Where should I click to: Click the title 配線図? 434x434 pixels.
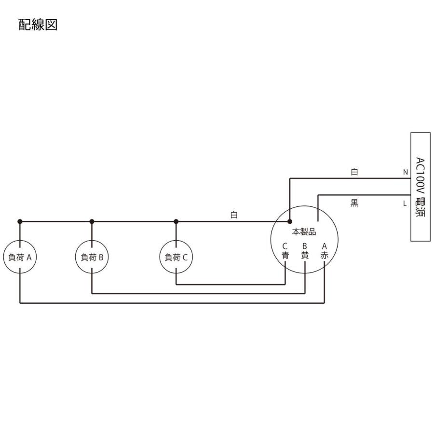(x=38, y=25)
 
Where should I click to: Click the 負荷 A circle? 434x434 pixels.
(x=20, y=257)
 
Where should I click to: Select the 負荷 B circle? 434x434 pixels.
(x=92, y=257)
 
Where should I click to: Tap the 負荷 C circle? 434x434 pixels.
(x=176, y=257)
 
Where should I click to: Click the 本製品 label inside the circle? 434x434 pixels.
(x=304, y=232)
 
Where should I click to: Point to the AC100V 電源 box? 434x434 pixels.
(x=419, y=187)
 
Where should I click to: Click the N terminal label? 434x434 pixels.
(x=405, y=172)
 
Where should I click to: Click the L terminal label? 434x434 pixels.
(x=405, y=203)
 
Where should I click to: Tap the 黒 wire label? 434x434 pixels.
(x=354, y=203)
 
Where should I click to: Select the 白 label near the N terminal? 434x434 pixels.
(x=354, y=172)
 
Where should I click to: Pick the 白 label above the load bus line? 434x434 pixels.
(x=234, y=215)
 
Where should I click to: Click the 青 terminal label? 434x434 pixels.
(x=285, y=256)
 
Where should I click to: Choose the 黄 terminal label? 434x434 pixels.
(x=305, y=256)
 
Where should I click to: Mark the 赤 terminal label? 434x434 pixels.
(x=325, y=256)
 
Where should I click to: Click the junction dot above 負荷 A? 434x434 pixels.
(x=20, y=221)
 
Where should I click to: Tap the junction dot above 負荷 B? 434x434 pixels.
(x=92, y=221)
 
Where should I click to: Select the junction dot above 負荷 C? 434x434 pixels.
(x=176, y=221)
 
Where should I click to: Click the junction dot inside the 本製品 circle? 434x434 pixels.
(x=289, y=221)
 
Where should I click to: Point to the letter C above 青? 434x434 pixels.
(x=285, y=246)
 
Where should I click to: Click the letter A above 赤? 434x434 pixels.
(x=325, y=246)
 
